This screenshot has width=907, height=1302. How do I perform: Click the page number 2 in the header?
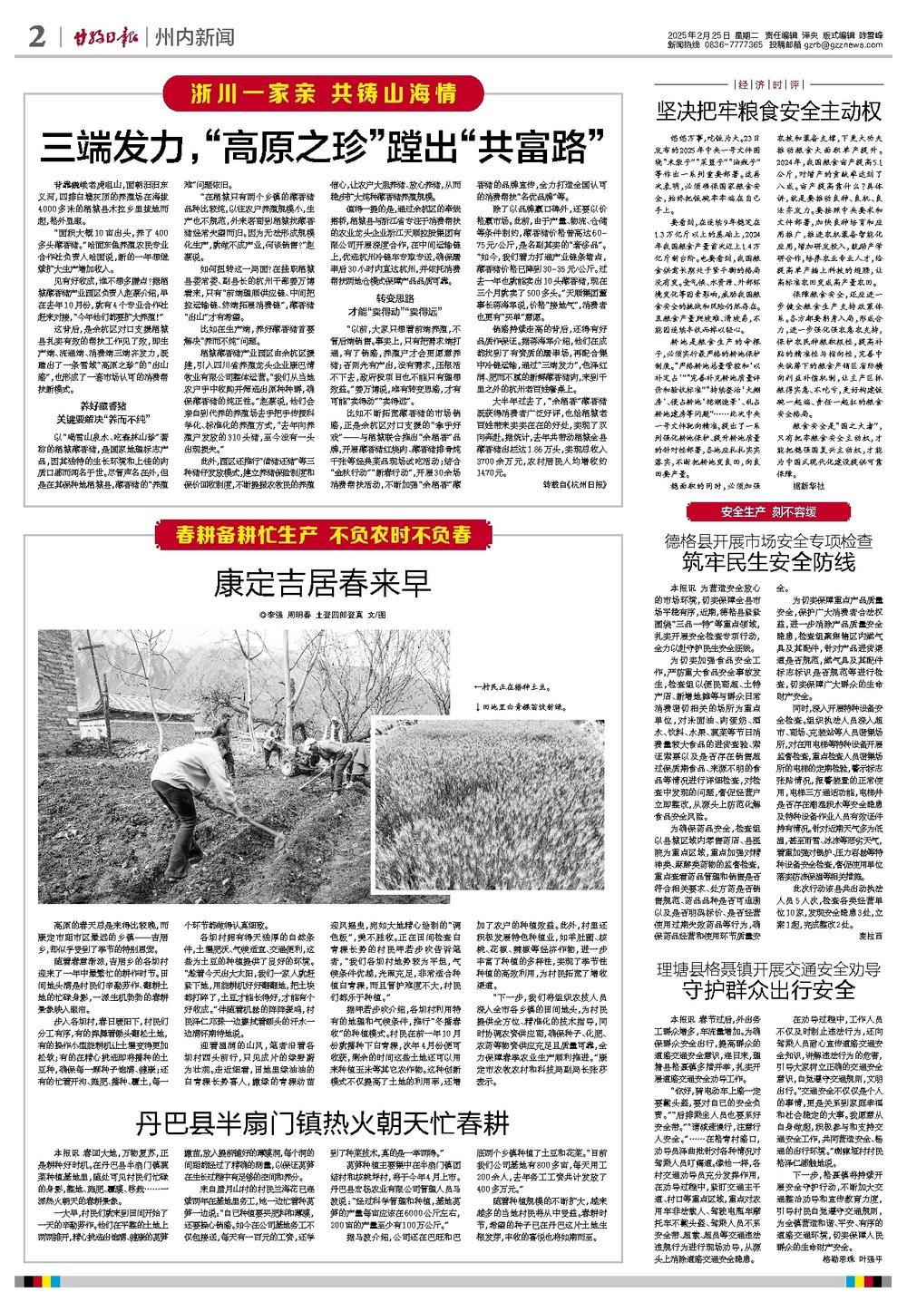pyautogui.click(x=36, y=37)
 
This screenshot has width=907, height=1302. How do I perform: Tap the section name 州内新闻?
pyautogui.click(x=194, y=37)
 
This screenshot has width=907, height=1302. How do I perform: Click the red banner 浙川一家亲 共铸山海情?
pyautogui.click(x=309, y=92)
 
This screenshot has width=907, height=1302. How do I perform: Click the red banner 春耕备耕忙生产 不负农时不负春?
pyautogui.click(x=314, y=533)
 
